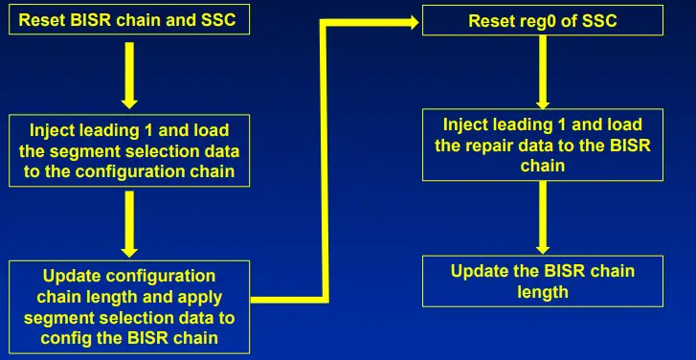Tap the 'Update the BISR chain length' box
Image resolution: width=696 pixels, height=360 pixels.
click(543, 281)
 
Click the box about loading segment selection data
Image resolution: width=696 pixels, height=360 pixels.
click(130, 151)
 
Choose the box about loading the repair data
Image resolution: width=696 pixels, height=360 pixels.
click(543, 145)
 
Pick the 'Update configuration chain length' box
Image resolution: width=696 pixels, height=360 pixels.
click(130, 306)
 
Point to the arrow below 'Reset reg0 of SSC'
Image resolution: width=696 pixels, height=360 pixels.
click(542, 72)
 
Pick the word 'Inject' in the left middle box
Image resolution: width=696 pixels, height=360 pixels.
click(56, 130)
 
